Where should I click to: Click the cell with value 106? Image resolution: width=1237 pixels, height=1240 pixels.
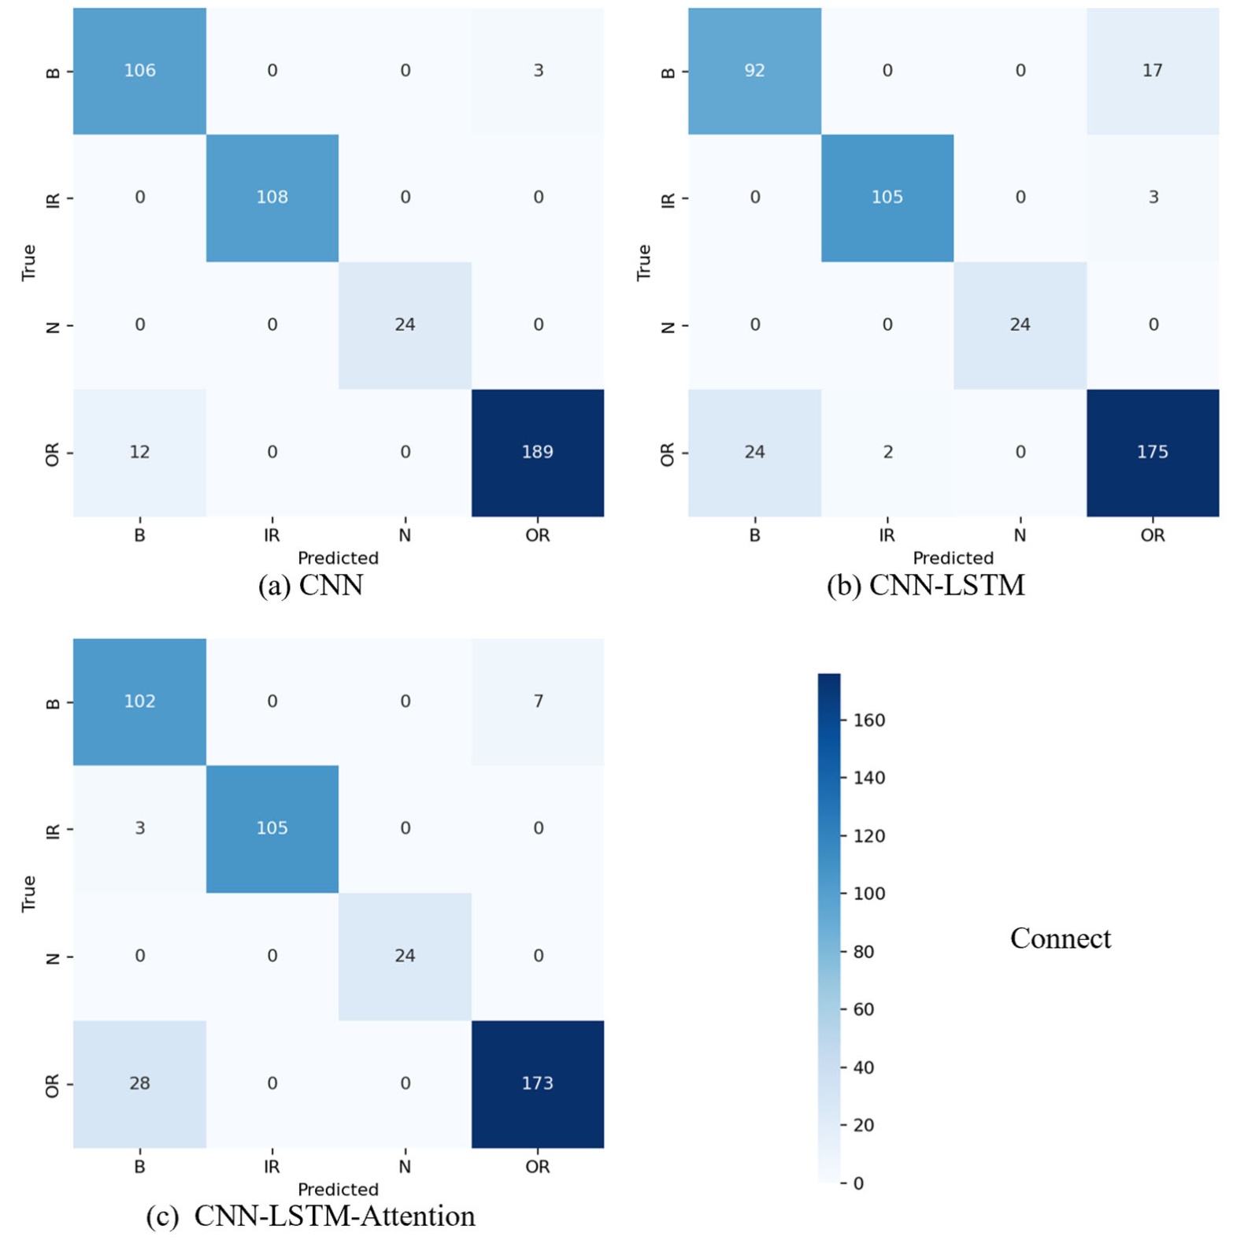[x=139, y=71]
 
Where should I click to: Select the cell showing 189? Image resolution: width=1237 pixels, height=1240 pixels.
[x=537, y=452]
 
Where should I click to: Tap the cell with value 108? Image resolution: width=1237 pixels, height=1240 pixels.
[x=272, y=198]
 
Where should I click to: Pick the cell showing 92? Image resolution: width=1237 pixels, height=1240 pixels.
[x=754, y=71]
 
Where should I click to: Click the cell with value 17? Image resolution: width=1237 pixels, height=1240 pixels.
[x=1152, y=71]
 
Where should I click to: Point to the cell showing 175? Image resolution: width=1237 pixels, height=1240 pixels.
[x=1152, y=452]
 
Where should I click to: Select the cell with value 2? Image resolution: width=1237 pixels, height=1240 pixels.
[x=887, y=452]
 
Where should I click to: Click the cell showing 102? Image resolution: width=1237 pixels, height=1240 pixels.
[x=139, y=701]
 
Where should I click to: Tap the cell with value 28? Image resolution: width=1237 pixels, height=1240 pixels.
[x=139, y=1083]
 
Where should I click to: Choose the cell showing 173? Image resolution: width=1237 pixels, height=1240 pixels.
[x=537, y=1083]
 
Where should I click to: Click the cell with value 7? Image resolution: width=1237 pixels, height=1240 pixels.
[x=538, y=701]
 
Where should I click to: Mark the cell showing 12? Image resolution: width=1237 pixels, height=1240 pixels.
[x=139, y=452]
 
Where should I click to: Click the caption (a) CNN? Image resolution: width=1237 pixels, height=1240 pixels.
[x=310, y=586]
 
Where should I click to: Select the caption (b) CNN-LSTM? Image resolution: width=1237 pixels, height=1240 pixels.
[x=925, y=586]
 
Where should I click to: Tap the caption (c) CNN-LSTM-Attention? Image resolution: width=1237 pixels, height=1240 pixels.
[x=310, y=1216]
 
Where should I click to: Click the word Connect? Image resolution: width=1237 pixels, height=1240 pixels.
[x=1060, y=938]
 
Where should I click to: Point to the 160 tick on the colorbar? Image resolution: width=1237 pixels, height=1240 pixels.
[x=868, y=720]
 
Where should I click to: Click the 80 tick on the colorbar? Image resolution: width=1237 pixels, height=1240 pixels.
[x=863, y=952]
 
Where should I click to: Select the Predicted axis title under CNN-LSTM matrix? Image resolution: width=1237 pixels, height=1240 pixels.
[x=953, y=558]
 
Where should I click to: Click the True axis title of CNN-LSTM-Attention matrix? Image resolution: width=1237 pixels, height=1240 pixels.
[x=28, y=894]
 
